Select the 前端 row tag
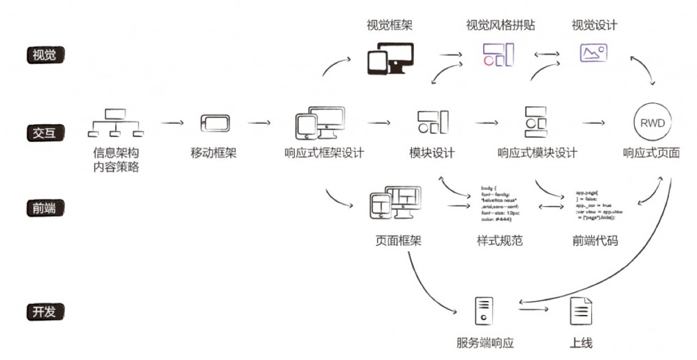pyautogui.click(x=44, y=208)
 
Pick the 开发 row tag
pyautogui.click(x=44, y=312)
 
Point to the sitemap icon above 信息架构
pyautogui.click(x=116, y=123)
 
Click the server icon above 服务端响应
pyautogui.click(x=485, y=310)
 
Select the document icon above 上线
pyautogui.click(x=581, y=311)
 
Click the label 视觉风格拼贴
pyautogui.click(x=500, y=26)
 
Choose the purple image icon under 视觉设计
pyautogui.click(x=594, y=53)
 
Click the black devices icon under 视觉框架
pyautogui.click(x=390, y=58)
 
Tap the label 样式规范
pyautogui.click(x=495, y=241)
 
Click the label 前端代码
pyautogui.click(x=595, y=241)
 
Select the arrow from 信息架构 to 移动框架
pyautogui.click(x=173, y=123)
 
